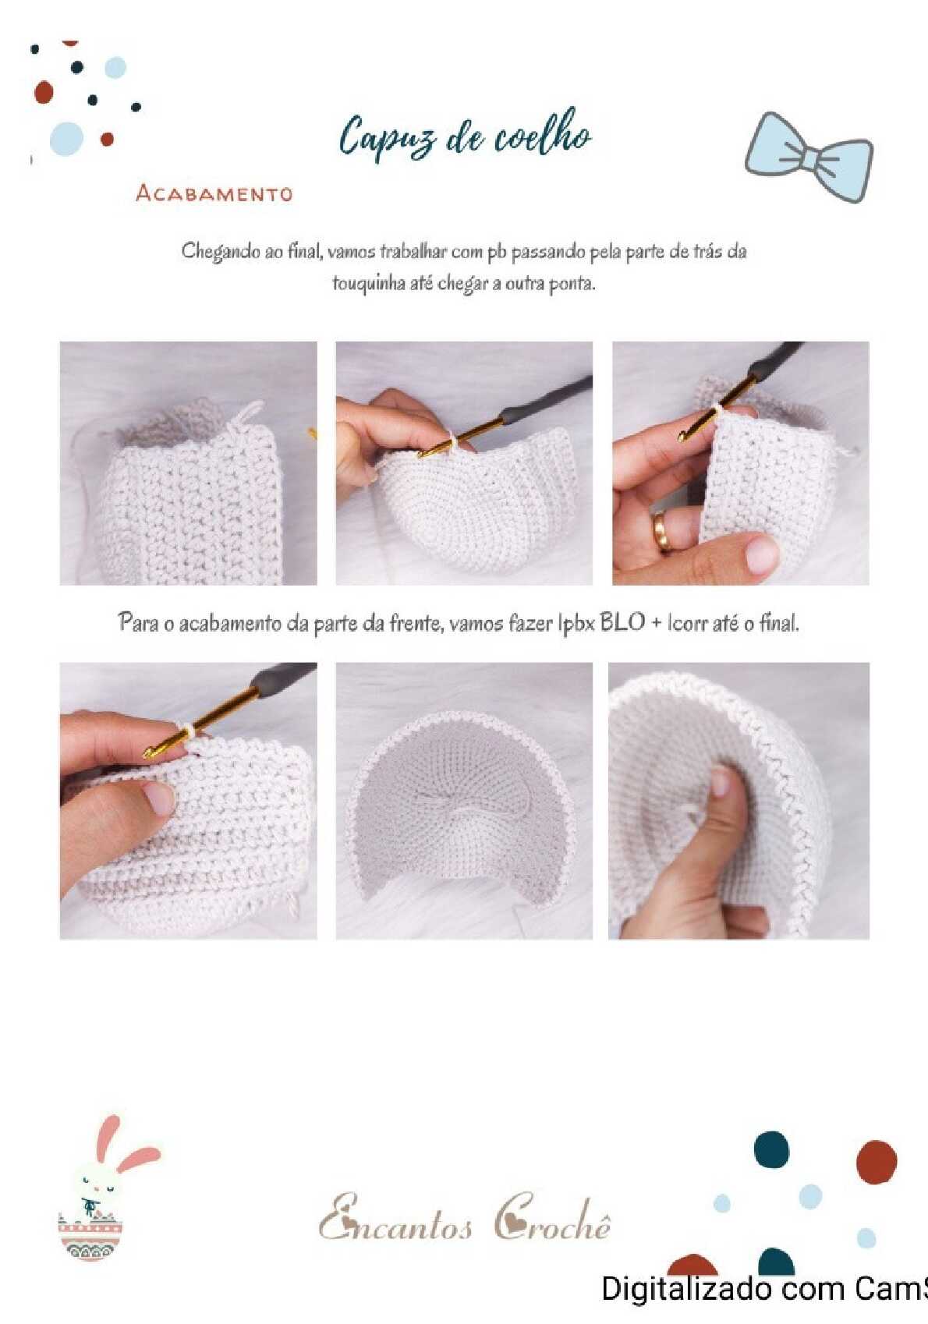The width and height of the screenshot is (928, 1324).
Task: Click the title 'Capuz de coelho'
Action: [466, 136]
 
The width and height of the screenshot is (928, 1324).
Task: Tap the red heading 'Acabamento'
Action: [214, 193]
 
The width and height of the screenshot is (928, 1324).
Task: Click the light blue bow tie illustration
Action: [809, 156]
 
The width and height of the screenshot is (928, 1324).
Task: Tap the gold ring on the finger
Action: [661, 530]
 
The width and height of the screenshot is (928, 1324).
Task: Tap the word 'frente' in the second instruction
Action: [414, 624]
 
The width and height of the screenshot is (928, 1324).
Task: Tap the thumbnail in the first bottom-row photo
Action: [157, 797]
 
